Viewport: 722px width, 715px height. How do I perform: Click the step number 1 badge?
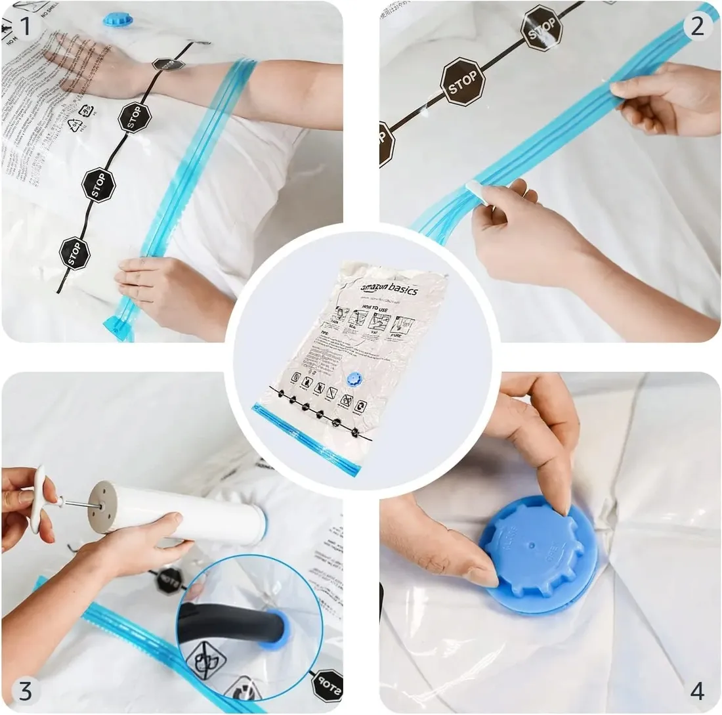[25, 26]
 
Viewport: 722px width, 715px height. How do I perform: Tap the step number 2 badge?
[697, 26]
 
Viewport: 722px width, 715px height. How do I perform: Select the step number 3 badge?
[25, 690]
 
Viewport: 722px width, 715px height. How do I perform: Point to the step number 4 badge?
[697, 690]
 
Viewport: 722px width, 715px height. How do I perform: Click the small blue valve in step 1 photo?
[117, 20]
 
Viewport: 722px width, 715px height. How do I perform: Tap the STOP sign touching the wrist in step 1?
[169, 64]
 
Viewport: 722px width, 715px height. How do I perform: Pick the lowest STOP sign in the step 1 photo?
[74, 253]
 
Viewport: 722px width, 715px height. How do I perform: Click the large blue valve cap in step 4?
[538, 555]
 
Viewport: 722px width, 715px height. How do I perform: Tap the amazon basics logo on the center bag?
[389, 290]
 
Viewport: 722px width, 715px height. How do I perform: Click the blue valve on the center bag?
[354, 379]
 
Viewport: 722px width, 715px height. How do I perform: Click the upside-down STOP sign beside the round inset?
[326, 684]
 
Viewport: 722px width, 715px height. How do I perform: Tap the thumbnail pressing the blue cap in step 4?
[482, 576]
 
